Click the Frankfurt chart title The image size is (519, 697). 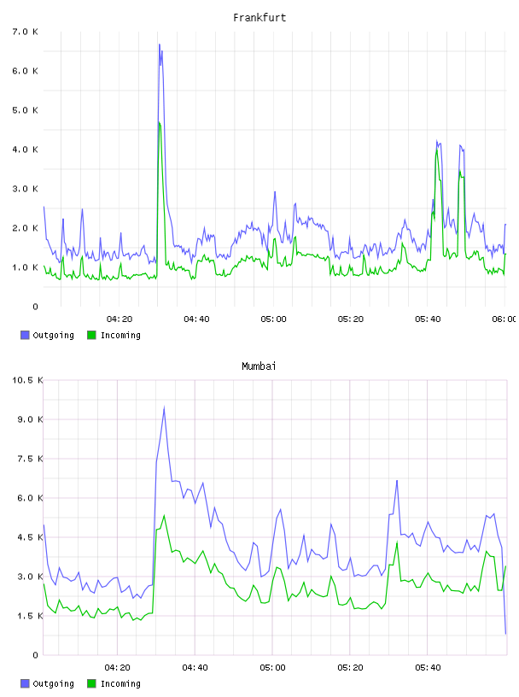tap(259, 18)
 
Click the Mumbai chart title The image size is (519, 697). tap(259, 366)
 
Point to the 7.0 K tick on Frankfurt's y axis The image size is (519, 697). tap(26, 32)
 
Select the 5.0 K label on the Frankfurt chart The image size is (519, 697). tap(26, 110)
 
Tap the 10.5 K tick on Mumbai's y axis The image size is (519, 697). tap(27, 380)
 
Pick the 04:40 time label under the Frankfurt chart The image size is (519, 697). tap(196, 319)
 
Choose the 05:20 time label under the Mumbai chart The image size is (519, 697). tap(350, 667)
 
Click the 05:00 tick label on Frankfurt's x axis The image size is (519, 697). tap(273, 319)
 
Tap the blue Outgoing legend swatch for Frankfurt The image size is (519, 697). tap(25, 335)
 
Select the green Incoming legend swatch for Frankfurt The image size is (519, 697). tap(91, 335)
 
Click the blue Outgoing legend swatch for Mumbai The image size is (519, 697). tap(25, 683)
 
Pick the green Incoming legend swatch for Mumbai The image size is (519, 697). tap(91, 683)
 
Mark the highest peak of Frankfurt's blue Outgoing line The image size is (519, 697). tap(159, 44)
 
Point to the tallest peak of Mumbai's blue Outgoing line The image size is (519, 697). tap(165, 407)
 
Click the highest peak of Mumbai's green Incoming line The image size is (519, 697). tap(165, 516)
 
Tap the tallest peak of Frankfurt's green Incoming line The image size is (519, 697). tap(159, 123)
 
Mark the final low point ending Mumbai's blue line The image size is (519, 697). tap(505, 634)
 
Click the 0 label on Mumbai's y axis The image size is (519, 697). tap(36, 655)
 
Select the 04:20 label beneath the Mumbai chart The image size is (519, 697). tap(117, 667)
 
